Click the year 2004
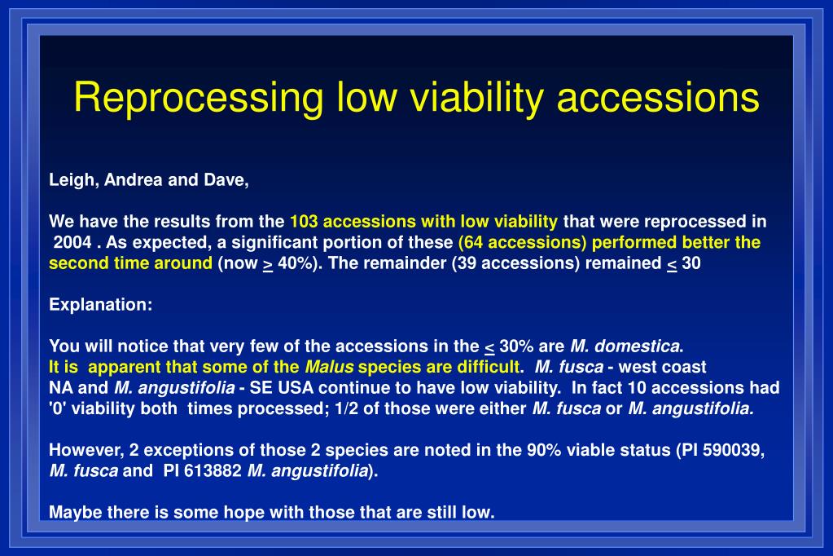(x=72, y=242)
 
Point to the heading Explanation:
(x=101, y=304)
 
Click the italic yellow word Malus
(x=329, y=367)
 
